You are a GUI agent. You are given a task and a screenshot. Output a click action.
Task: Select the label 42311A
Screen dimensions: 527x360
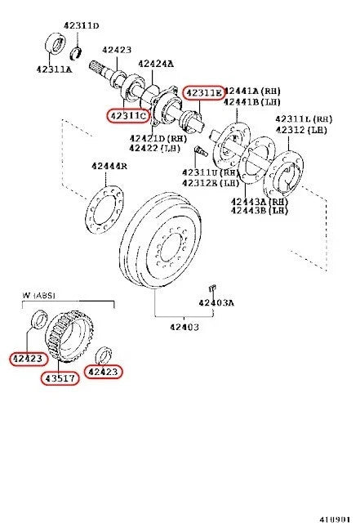coord(55,70)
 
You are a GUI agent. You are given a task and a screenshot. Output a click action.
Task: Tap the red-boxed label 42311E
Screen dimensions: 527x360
coord(202,93)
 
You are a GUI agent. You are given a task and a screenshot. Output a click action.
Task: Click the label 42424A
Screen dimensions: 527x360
coord(156,63)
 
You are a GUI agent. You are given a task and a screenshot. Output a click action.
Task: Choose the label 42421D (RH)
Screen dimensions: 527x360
coord(156,138)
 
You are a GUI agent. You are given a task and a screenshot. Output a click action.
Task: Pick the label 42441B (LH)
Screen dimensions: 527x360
coord(253,101)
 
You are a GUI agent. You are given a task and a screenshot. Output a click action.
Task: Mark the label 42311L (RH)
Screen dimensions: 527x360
coord(304,118)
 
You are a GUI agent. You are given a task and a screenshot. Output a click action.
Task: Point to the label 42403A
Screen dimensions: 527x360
coord(216,303)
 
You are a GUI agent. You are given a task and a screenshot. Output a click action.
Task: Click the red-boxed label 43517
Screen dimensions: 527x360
coord(60,380)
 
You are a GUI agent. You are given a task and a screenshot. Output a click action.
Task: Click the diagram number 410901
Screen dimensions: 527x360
coord(335,518)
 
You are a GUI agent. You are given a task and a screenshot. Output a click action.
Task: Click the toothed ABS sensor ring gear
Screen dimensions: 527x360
coord(69,334)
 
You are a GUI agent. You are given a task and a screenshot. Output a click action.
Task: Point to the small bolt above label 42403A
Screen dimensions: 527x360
coord(211,287)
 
